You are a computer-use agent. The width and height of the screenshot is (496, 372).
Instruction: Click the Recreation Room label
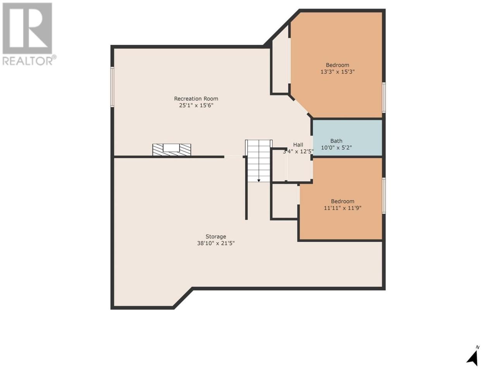pyautogui.click(x=196, y=99)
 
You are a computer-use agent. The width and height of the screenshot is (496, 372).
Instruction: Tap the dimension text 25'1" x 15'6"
pyautogui.click(x=196, y=105)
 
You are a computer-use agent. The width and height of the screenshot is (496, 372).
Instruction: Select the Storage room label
pyautogui.click(x=215, y=236)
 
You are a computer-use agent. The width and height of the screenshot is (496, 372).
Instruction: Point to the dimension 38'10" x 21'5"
pyautogui.click(x=216, y=243)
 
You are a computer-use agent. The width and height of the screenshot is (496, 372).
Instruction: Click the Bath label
pyautogui.click(x=336, y=141)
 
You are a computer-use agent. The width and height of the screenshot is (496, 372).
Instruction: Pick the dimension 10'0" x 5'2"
pyautogui.click(x=336, y=148)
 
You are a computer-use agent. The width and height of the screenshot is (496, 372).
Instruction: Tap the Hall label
pyautogui.click(x=298, y=145)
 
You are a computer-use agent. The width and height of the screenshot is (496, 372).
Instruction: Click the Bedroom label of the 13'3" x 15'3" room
pyautogui.click(x=338, y=65)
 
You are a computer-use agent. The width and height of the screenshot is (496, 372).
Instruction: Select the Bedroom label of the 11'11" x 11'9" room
pyautogui.click(x=343, y=201)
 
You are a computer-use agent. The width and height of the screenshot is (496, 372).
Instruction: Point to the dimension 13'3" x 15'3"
pyautogui.click(x=338, y=72)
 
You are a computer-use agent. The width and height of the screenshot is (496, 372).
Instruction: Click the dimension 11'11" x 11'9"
pyautogui.click(x=343, y=208)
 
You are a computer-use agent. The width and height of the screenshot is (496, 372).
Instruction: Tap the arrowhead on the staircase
pyautogui.click(x=259, y=181)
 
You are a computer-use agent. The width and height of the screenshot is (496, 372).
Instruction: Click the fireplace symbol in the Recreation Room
pyautogui.click(x=172, y=150)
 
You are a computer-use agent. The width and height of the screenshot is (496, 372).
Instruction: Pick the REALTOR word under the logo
pyautogui.click(x=28, y=61)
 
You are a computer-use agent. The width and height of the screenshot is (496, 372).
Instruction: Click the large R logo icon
pyautogui.click(x=28, y=28)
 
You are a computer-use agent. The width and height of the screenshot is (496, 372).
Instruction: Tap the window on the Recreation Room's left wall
pyautogui.click(x=112, y=87)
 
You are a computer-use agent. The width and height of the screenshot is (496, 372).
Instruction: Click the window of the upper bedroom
pyautogui.click(x=384, y=97)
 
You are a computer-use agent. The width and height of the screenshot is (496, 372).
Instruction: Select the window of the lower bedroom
pyautogui.click(x=384, y=195)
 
